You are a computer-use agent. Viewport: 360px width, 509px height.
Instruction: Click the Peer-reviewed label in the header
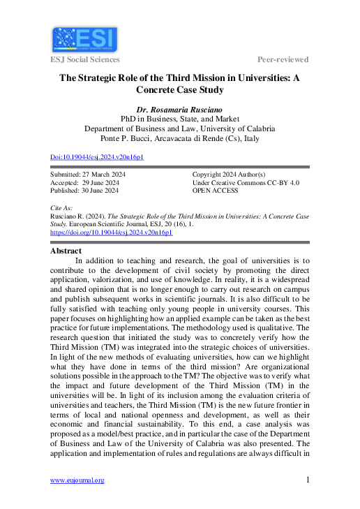pyautogui.click(x=283, y=59)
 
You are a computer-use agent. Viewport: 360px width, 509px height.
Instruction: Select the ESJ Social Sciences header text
pyautogui.click(x=87, y=59)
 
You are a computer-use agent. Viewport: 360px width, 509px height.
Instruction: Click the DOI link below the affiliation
pyautogui.click(x=97, y=158)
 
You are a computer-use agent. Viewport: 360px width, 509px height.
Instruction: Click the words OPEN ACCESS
pyautogui.click(x=216, y=190)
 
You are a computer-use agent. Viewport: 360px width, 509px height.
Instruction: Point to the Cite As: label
pyautogui.click(x=61, y=208)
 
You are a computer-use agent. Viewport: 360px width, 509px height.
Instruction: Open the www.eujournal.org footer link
pyautogui.click(x=77, y=480)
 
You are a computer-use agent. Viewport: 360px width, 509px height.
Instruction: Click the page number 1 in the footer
pyautogui.click(x=308, y=480)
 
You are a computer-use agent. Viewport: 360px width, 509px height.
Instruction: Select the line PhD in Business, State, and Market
pyautogui.click(x=179, y=119)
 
